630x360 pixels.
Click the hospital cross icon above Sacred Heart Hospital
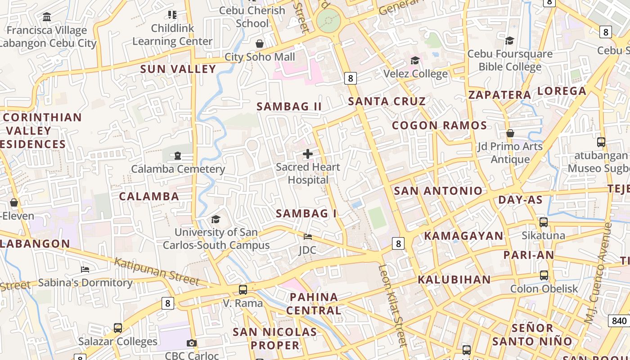click(308, 154)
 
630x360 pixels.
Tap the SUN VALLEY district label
click(178, 69)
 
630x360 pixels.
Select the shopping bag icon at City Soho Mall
click(260, 44)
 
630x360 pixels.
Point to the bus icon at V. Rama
click(243, 290)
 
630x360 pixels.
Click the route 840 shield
click(619, 321)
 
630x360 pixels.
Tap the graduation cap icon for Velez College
click(415, 60)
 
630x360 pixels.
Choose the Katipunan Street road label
click(156, 271)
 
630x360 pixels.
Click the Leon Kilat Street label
click(392, 306)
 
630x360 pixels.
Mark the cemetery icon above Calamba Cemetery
click(178, 156)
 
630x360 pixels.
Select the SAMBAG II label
click(289, 107)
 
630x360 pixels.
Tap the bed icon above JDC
click(308, 237)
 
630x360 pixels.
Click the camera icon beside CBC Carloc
click(192, 343)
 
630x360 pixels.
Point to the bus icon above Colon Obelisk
click(544, 275)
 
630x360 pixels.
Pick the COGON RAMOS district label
click(439, 126)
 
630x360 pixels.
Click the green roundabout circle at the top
click(328, 21)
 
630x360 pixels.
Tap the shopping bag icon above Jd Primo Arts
click(510, 133)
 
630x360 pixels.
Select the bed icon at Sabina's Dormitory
click(85, 270)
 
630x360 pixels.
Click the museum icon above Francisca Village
click(46, 17)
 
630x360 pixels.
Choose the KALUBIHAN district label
click(454, 279)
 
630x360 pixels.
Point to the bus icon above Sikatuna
click(544, 222)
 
